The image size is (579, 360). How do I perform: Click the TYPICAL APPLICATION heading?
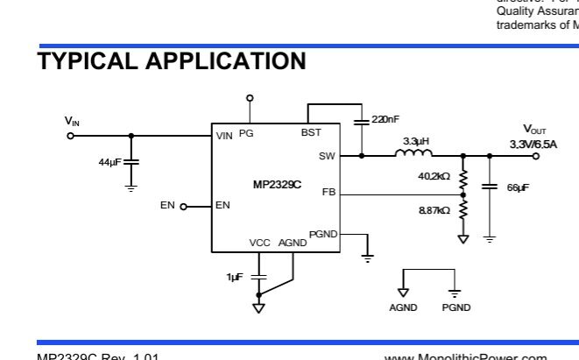[172, 61]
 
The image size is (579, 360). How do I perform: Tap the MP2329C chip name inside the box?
[277, 184]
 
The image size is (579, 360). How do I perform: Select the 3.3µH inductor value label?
[415, 141]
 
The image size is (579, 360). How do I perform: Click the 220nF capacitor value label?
[385, 119]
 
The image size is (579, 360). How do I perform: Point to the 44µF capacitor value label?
[111, 162]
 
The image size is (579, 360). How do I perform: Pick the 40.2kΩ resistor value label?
[434, 176]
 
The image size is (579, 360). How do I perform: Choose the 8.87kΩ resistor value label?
[434, 210]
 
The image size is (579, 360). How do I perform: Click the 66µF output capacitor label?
[518, 187]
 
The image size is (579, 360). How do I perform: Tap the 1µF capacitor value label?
[234, 277]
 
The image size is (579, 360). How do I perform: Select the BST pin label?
[310, 133]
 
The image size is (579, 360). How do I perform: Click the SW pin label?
[327, 157]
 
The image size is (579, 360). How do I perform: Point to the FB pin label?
[328, 191]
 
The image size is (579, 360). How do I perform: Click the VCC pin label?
[259, 243]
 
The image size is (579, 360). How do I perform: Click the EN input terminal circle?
[184, 207]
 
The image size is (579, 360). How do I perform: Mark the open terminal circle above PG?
[250, 98]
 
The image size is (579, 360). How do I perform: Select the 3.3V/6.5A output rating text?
[533, 144]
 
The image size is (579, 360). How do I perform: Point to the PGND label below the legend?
[455, 307]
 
